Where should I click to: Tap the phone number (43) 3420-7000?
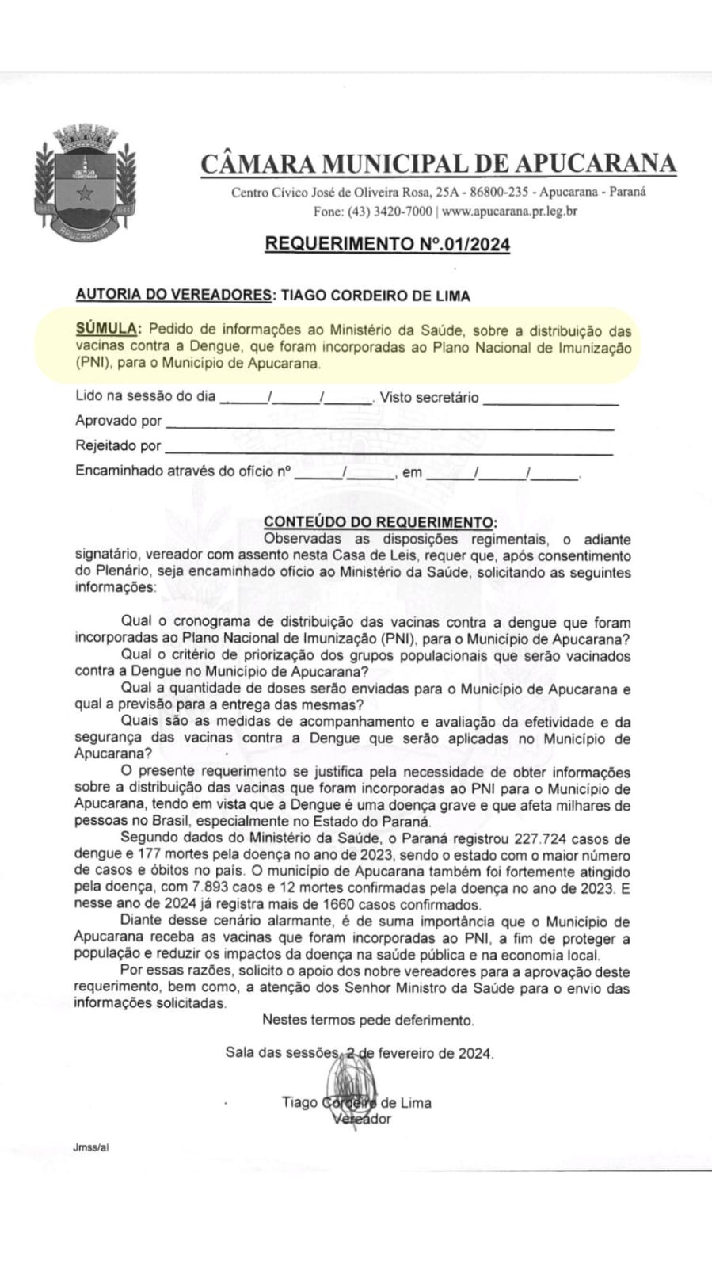coord(389,212)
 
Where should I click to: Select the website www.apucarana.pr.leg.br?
coord(509,212)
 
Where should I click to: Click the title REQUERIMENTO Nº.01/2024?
coord(387,244)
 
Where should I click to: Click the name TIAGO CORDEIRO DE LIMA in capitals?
coord(375,296)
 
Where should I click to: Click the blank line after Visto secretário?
coord(550,399)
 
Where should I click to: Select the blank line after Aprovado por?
coord(388,423)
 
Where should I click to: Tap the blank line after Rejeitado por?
coord(388,448)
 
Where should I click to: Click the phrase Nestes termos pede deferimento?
coord(368,1021)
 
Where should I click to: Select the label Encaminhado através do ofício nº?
coord(184,471)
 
